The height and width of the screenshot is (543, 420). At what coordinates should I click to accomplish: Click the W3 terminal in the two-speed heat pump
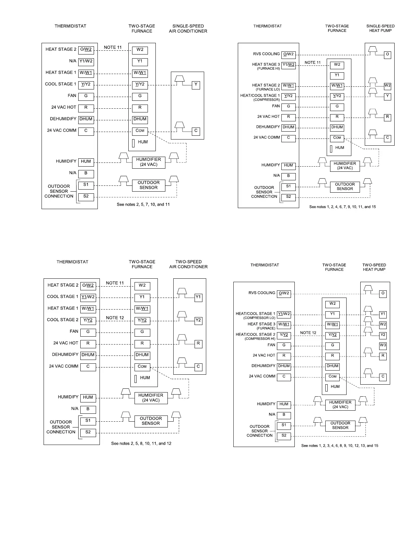[x=383, y=346]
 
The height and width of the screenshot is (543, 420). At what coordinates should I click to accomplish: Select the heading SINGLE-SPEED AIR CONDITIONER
[x=188, y=28]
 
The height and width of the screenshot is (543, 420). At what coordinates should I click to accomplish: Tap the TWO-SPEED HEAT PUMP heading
[x=374, y=267]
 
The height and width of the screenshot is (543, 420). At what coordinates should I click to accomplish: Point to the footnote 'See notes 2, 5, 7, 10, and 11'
[x=143, y=205]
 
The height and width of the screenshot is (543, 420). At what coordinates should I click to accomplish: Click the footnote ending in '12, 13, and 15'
[x=340, y=446]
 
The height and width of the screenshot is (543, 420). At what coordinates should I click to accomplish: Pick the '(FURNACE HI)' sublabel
[x=268, y=69]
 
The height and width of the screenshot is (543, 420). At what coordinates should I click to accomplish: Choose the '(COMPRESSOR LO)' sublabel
[x=259, y=318]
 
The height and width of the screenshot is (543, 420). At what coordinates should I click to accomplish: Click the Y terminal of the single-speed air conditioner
[x=196, y=85]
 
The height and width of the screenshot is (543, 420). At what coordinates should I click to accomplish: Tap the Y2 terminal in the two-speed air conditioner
[x=198, y=321]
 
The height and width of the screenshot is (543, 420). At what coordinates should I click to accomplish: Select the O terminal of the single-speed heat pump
[x=387, y=55]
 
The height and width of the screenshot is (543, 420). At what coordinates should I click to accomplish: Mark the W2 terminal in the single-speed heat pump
[x=387, y=86]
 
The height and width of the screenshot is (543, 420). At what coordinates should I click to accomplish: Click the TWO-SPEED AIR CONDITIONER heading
[x=188, y=264]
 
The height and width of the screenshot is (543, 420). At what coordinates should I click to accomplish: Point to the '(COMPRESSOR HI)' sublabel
[x=260, y=339]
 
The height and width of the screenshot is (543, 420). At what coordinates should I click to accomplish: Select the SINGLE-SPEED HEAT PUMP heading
[x=381, y=28]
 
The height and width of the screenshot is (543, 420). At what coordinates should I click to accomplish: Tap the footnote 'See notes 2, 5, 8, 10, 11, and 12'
[x=141, y=444]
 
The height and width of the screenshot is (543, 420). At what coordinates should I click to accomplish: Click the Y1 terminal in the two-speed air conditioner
[x=198, y=298]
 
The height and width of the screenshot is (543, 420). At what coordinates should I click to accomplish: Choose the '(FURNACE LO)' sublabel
[x=268, y=89]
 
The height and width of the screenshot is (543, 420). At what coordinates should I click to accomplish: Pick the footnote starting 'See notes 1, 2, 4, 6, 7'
[x=342, y=207]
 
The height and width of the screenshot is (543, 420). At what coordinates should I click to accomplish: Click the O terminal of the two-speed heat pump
[x=383, y=293]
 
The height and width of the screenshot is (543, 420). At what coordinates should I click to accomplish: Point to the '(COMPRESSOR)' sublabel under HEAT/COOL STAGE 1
[x=267, y=100]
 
